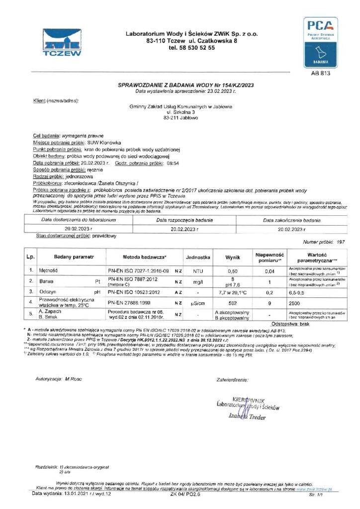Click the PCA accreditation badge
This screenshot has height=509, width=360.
point(321,42)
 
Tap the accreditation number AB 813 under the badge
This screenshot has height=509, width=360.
point(320,73)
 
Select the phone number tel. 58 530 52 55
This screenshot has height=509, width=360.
point(191,48)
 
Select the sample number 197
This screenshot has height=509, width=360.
point(341,241)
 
